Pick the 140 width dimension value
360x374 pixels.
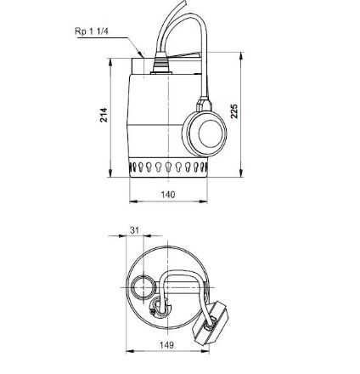[x=168, y=195]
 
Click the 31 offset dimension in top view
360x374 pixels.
[x=134, y=230]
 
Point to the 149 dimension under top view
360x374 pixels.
[x=167, y=345]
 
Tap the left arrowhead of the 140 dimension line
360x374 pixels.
[x=131, y=201]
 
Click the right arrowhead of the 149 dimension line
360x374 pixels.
[x=206, y=351]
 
